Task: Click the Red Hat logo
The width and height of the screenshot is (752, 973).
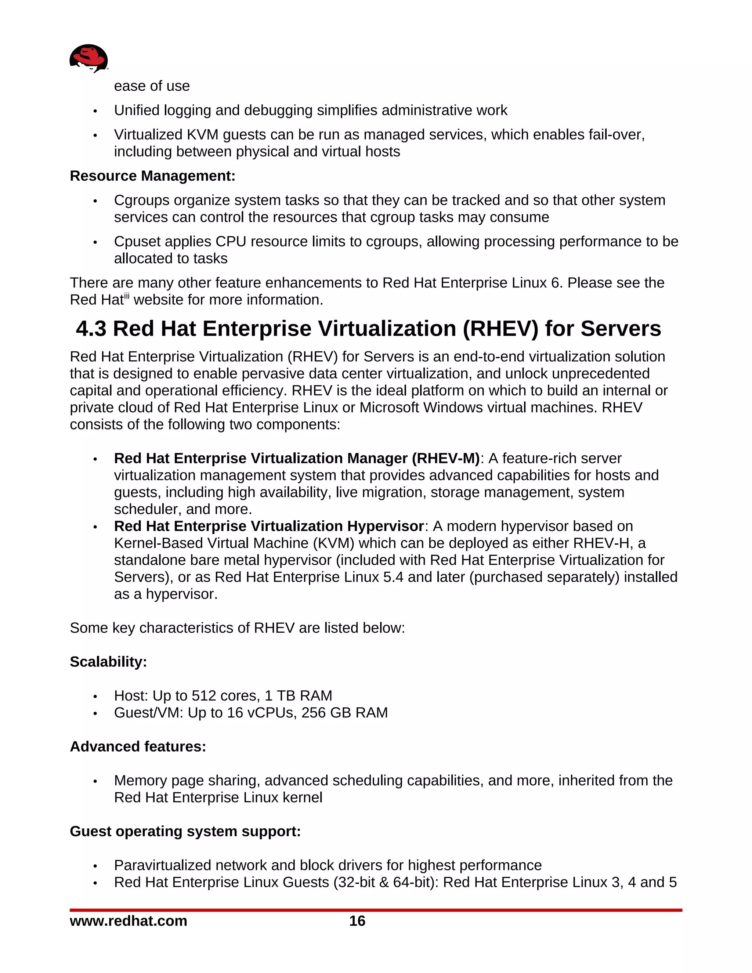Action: point(88,58)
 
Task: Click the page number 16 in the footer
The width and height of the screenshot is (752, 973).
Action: point(357,921)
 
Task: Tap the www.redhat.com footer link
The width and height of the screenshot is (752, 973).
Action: point(128,921)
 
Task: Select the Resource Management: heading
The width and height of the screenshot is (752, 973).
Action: point(152,176)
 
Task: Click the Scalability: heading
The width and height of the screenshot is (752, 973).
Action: point(108,662)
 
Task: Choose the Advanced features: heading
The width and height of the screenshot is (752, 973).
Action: point(138,746)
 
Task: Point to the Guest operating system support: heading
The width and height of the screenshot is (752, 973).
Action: point(185,831)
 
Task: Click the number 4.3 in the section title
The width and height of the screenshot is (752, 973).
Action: point(91,329)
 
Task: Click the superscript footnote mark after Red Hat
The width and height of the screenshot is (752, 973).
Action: point(127,295)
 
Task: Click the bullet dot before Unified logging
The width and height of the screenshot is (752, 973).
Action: point(95,111)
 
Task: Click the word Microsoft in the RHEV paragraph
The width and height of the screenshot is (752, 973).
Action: point(389,407)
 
